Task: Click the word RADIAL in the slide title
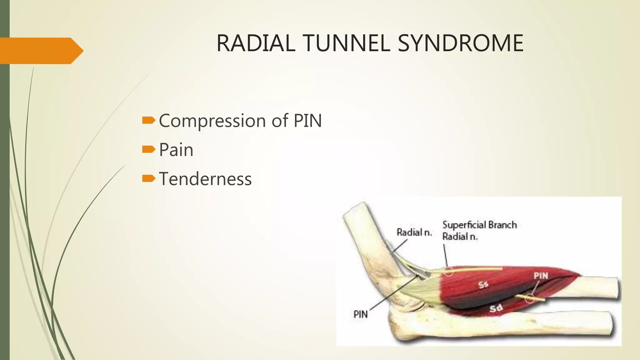256,43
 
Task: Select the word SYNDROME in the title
460,43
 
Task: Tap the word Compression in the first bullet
212,121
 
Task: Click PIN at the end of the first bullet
307,121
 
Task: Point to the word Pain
176,150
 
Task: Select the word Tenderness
205,179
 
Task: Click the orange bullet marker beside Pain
148,149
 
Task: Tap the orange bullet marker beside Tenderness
148,178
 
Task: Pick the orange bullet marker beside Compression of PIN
148,120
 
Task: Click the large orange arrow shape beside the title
41,51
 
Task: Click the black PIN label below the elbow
360,314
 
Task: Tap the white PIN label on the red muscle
541,276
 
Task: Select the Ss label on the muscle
483,285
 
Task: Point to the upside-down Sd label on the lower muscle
496,308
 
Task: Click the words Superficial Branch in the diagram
479,225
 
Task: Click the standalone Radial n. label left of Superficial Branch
414,232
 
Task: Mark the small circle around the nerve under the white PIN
529,298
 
